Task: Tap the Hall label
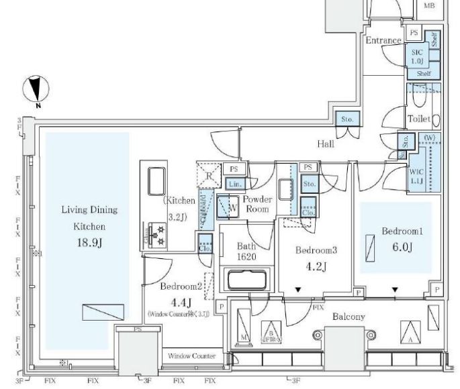327,143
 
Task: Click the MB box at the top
429,6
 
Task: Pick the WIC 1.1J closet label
416,176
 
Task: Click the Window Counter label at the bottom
191,356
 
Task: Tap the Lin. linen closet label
234,184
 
